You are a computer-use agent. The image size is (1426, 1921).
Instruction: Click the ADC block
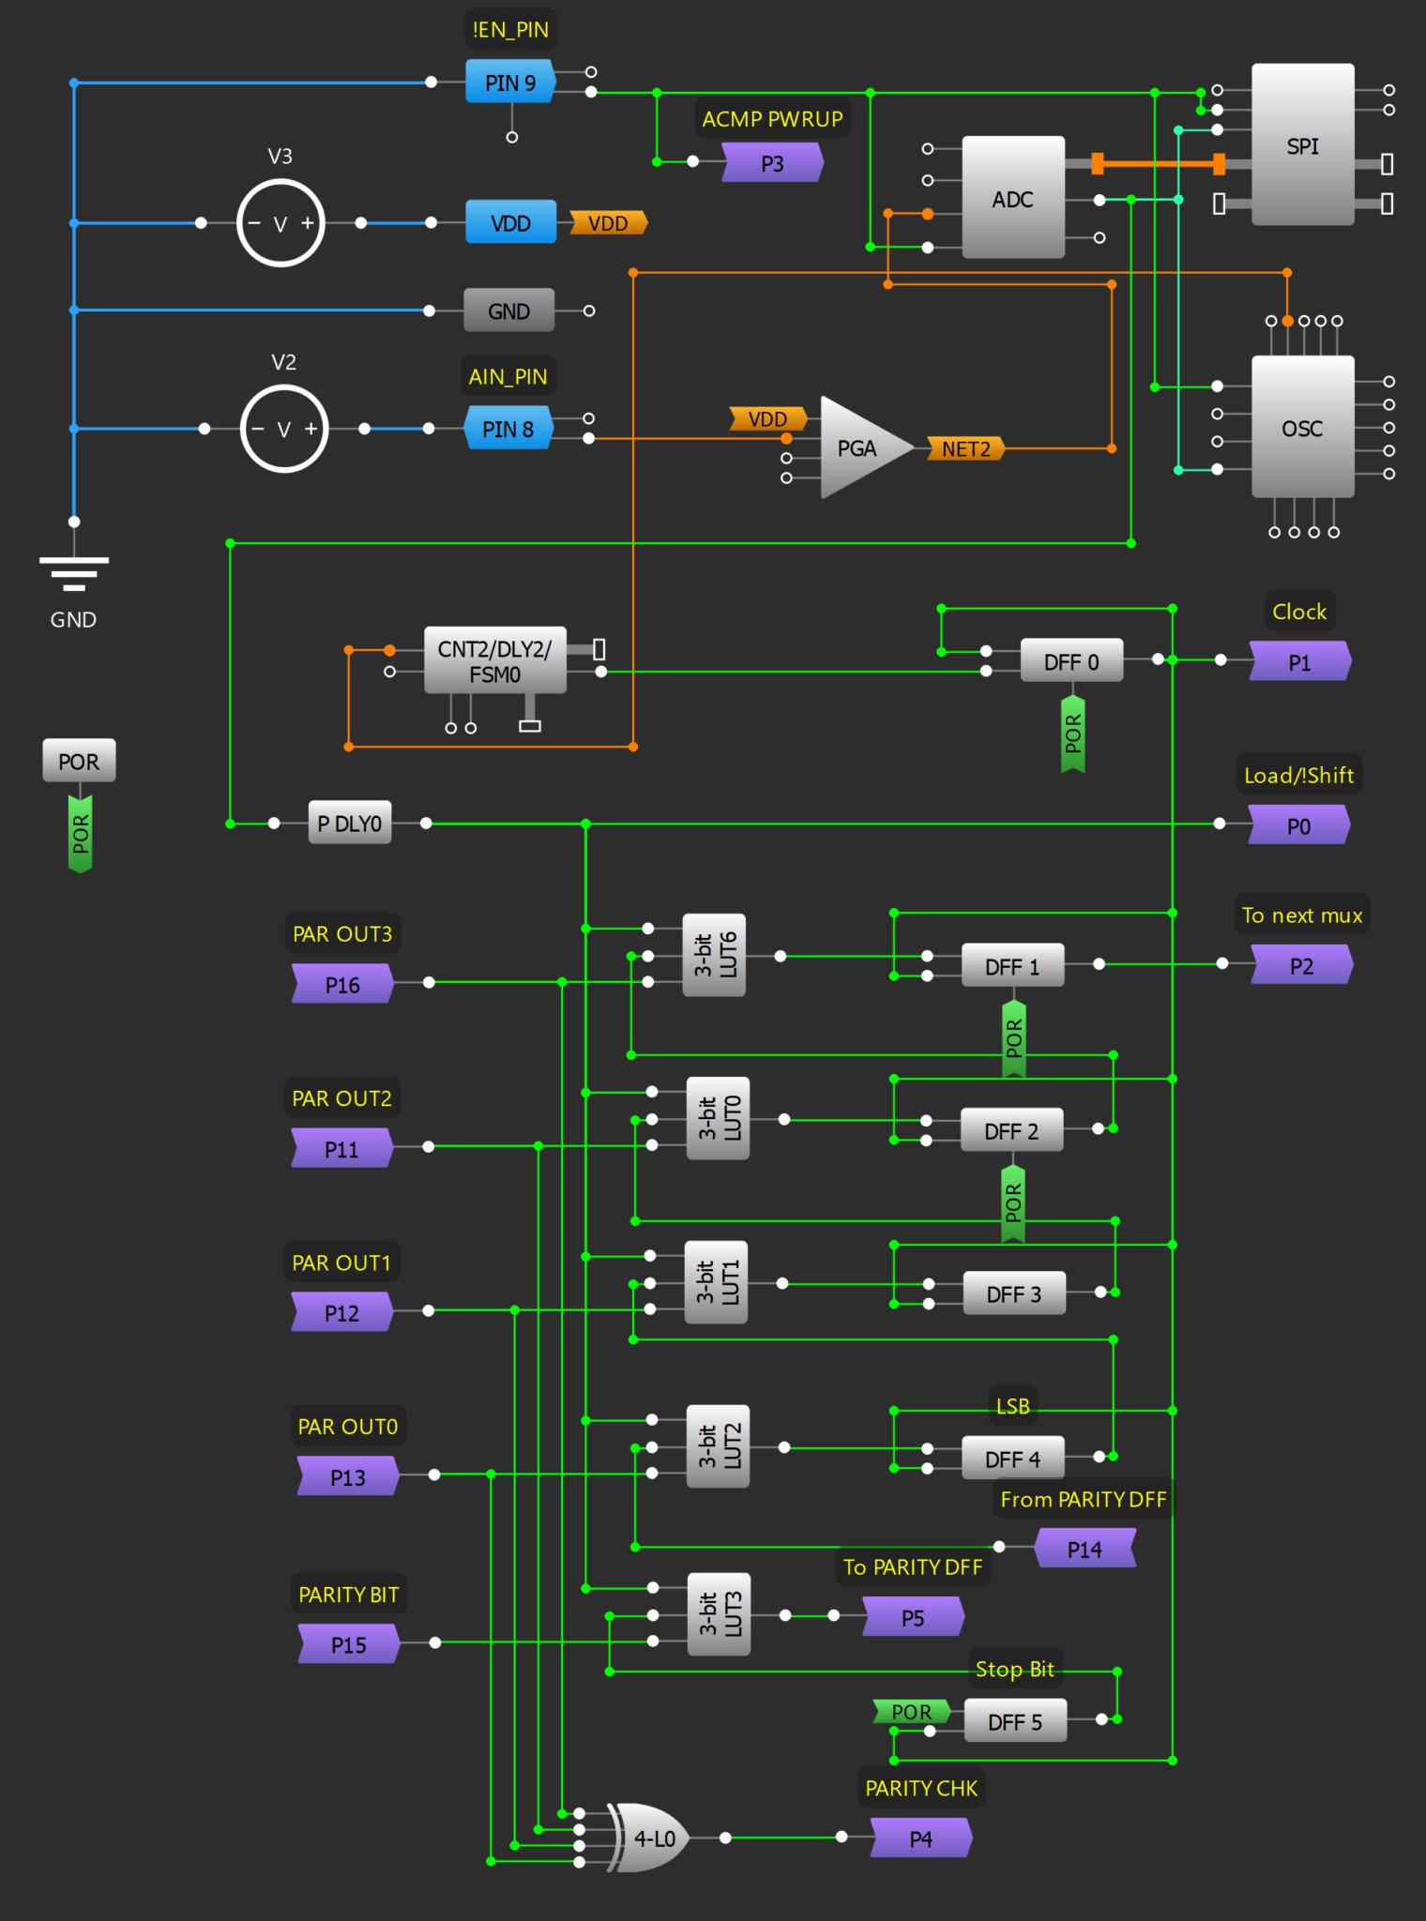(x=1012, y=198)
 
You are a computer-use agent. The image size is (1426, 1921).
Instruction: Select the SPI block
(x=1302, y=145)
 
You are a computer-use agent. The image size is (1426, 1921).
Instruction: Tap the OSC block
(x=1302, y=428)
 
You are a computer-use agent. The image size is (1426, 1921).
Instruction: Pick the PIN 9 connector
(x=510, y=83)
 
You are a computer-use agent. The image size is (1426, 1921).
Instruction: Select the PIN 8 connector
(x=508, y=429)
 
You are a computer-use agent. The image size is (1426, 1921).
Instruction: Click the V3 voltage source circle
(x=281, y=223)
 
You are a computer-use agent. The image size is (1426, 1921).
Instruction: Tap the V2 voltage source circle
(x=283, y=429)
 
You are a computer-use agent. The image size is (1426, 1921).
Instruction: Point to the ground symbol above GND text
(x=74, y=572)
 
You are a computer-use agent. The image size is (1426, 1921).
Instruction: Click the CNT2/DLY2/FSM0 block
(x=494, y=661)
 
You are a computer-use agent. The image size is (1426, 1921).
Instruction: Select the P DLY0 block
(x=349, y=824)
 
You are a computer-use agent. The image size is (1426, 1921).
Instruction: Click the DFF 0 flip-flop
(x=1070, y=661)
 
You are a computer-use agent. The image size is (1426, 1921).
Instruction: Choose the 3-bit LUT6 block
(x=714, y=955)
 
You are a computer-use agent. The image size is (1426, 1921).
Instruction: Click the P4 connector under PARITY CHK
(x=920, y=1838)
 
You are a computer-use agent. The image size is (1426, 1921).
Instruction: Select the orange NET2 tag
(x=965, y=448)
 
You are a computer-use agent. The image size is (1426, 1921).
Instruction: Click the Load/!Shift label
(x=1298, y=775)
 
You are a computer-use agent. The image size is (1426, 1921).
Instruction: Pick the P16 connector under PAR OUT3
(x=342, y=984)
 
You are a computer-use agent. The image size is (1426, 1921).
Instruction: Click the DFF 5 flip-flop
(x=1015, y=1721)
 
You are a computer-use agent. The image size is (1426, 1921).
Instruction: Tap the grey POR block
(x=79, y=761)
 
